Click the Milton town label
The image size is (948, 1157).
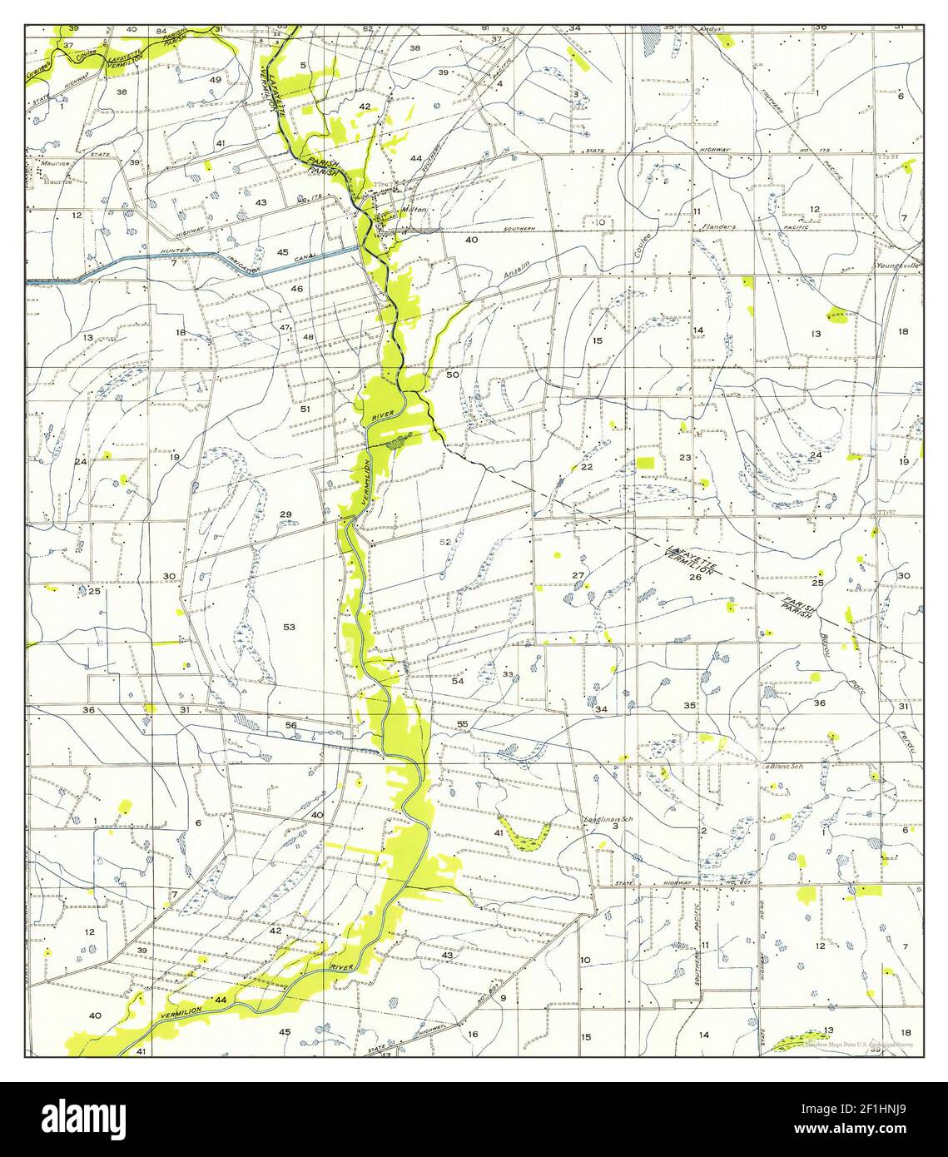(414, 210)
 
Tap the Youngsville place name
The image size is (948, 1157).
(897, 266)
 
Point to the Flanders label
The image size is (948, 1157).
(718, 226)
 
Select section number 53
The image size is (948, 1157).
(289, 626)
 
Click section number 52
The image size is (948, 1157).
(446, 542)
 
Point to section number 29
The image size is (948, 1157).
(285, 514)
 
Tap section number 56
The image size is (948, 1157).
(291, 725)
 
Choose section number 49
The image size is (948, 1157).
(215, 79)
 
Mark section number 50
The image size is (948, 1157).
(452, 375)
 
